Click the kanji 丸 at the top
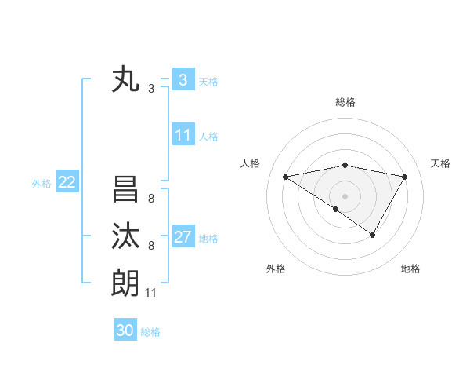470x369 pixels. [125, 80]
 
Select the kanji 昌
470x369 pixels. [125, 190]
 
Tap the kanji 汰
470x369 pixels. [125, 236]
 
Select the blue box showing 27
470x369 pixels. [183, 237]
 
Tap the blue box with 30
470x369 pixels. [125, 331]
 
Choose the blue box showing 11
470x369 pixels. [183, 135]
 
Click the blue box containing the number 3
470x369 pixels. [183, 79]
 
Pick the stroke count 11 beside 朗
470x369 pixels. [151, 293]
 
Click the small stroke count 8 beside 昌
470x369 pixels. [151, 199]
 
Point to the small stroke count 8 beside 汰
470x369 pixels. [151, 246]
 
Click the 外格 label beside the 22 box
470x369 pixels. [42, 184]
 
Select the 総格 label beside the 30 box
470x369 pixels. [150, 332]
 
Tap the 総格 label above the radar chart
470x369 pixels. [345, 102]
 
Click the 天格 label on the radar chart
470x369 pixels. [441, 163]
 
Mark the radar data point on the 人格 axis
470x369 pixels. [286, 177]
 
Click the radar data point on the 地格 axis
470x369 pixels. [373, 235]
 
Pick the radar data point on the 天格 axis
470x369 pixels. [405, 177]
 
